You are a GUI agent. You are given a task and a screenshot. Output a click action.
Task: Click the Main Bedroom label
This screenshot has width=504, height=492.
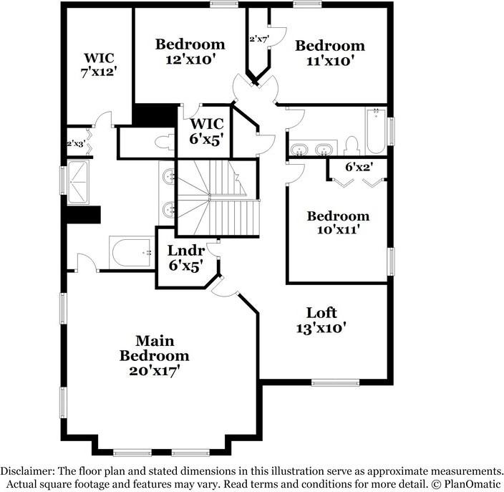pyautogui.click(x=154, y=348)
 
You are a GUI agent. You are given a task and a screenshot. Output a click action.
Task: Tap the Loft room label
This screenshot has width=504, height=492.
pyautogui.click(x=321, y=313)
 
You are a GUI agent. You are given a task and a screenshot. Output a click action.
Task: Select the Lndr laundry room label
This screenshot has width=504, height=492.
pyautogui.click(x=186, y=251)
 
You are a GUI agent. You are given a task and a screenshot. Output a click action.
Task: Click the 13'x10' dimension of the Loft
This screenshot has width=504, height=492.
pyautogui.click(x=321, y=328)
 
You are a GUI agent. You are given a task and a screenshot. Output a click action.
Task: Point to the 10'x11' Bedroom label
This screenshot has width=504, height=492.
pyautogui.click(x=338, y=223)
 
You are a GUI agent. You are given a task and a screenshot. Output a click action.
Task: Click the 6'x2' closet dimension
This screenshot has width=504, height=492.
pyautogui.click(x=359, y=167)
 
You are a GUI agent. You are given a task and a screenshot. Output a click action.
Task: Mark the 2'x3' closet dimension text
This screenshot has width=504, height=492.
pyautogui.click(x=75, y=144)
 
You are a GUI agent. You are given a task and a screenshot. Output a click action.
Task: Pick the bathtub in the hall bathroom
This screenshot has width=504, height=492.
pyautogui.click(x=376, y=130)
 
